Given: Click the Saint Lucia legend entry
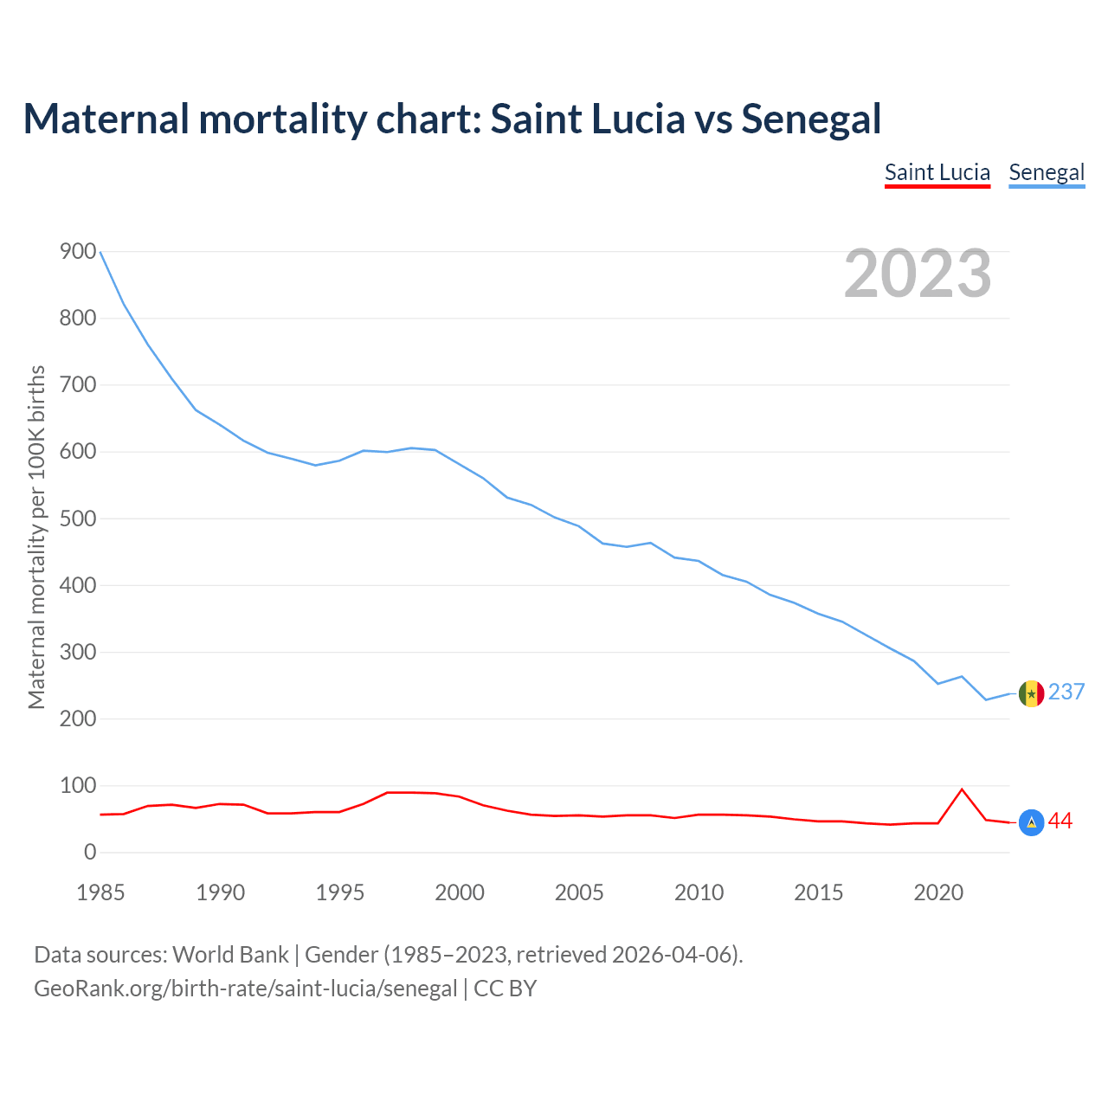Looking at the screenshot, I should (937, 172).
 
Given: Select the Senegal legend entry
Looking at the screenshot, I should (1047, 172).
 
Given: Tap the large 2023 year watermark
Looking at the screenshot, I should (918, 274).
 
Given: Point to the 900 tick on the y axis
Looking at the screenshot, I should (78, 252).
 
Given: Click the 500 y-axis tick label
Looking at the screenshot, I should (78, 519).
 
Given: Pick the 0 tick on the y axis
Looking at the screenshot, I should (90, 853).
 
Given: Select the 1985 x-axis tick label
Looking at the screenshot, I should (100, 892).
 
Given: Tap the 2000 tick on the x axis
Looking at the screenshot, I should (460, 892).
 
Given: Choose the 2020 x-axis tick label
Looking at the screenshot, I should (938, 892).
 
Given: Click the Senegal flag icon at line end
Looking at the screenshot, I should (1031, 693).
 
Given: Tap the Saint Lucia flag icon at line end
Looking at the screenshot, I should (1031, 822).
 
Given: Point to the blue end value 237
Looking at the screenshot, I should (1066, 692).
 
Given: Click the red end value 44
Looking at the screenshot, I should (1060, 821).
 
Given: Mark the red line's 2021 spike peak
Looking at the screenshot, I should (962, 789).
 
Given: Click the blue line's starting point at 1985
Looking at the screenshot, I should (100, 252).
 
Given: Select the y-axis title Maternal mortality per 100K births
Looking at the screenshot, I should (36, 537).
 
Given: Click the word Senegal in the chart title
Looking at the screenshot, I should (811, 119).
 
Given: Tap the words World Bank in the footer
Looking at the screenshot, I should (230, 955).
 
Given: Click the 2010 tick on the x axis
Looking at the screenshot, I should (699, 892).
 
